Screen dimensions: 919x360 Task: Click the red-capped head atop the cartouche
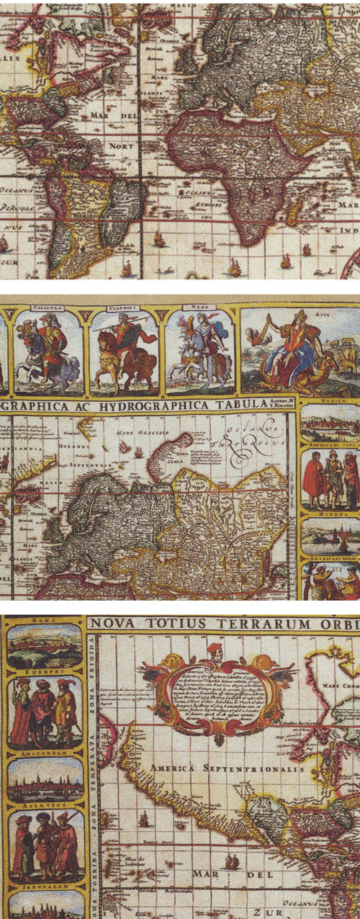tap(213, 653)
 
